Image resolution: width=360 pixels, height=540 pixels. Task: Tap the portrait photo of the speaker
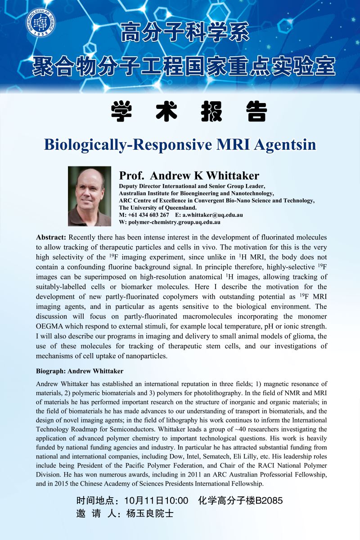(x=90, y=196)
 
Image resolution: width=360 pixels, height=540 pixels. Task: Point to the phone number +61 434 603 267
(x=148, y=215)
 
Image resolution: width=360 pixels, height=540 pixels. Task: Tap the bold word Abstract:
(x=51, y=237)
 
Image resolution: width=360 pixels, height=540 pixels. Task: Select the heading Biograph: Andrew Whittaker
(x=80, y=371)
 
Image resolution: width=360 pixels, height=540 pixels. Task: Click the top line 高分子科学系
(x=185, y=35)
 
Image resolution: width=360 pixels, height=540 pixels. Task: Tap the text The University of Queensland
(x=157, y=208)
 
